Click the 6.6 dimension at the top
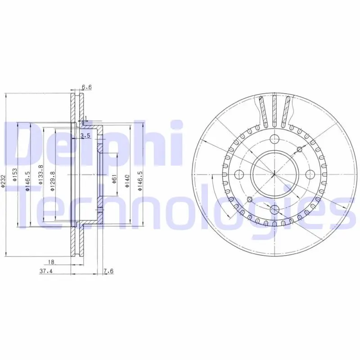[x=87, y=87]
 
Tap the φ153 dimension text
[x=15, y=175]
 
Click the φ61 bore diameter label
[x=115, y=179]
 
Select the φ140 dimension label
[x=127, y=181]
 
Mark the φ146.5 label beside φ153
[x=28, y=181]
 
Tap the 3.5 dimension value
[x=85, y=136]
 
